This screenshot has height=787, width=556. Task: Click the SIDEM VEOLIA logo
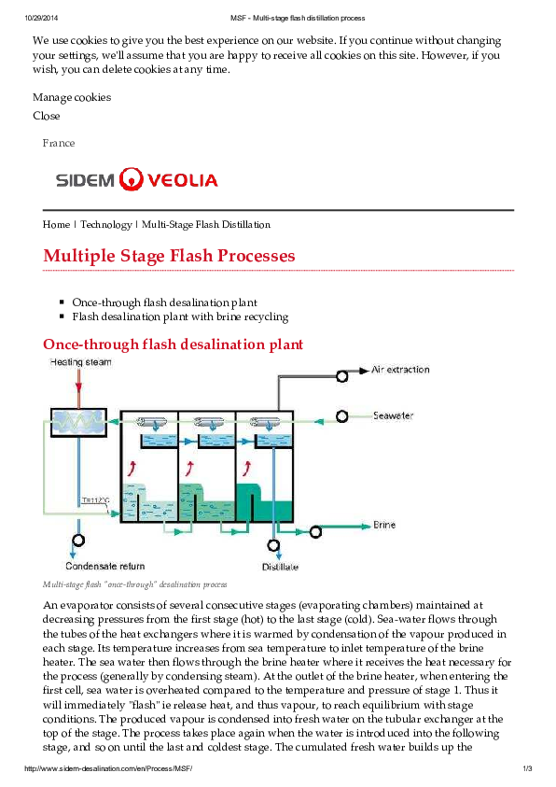[136, 179]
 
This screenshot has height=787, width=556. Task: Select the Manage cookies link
[72, 97]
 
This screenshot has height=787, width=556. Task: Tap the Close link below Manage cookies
[47, 116]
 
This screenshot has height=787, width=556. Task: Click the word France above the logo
[59, 143]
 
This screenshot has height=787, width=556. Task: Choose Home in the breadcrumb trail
[56, 224]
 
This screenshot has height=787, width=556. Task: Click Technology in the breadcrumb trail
[105, 224]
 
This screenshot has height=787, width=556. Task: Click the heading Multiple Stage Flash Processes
[169, 256]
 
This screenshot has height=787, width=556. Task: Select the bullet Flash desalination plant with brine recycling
[180, 316]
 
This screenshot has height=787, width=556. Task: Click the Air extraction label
[400, 370]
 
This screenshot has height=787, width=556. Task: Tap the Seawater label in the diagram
[393, 415]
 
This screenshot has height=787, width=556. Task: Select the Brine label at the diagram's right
[384, 525]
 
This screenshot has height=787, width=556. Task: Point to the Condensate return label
[104, 566]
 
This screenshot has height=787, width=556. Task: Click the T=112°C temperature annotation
[95, 500]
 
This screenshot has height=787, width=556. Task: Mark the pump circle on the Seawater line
[342, 415]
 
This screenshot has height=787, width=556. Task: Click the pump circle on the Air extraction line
[342, 373]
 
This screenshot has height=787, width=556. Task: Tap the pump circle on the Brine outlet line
[316, 531]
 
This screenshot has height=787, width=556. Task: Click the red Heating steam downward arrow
[79, 385]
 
